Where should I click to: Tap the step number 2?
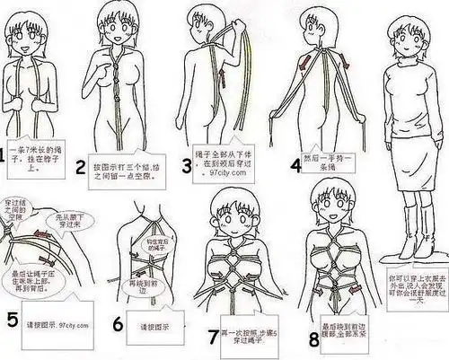coord(80,166)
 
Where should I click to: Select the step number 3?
coord(187,164)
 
